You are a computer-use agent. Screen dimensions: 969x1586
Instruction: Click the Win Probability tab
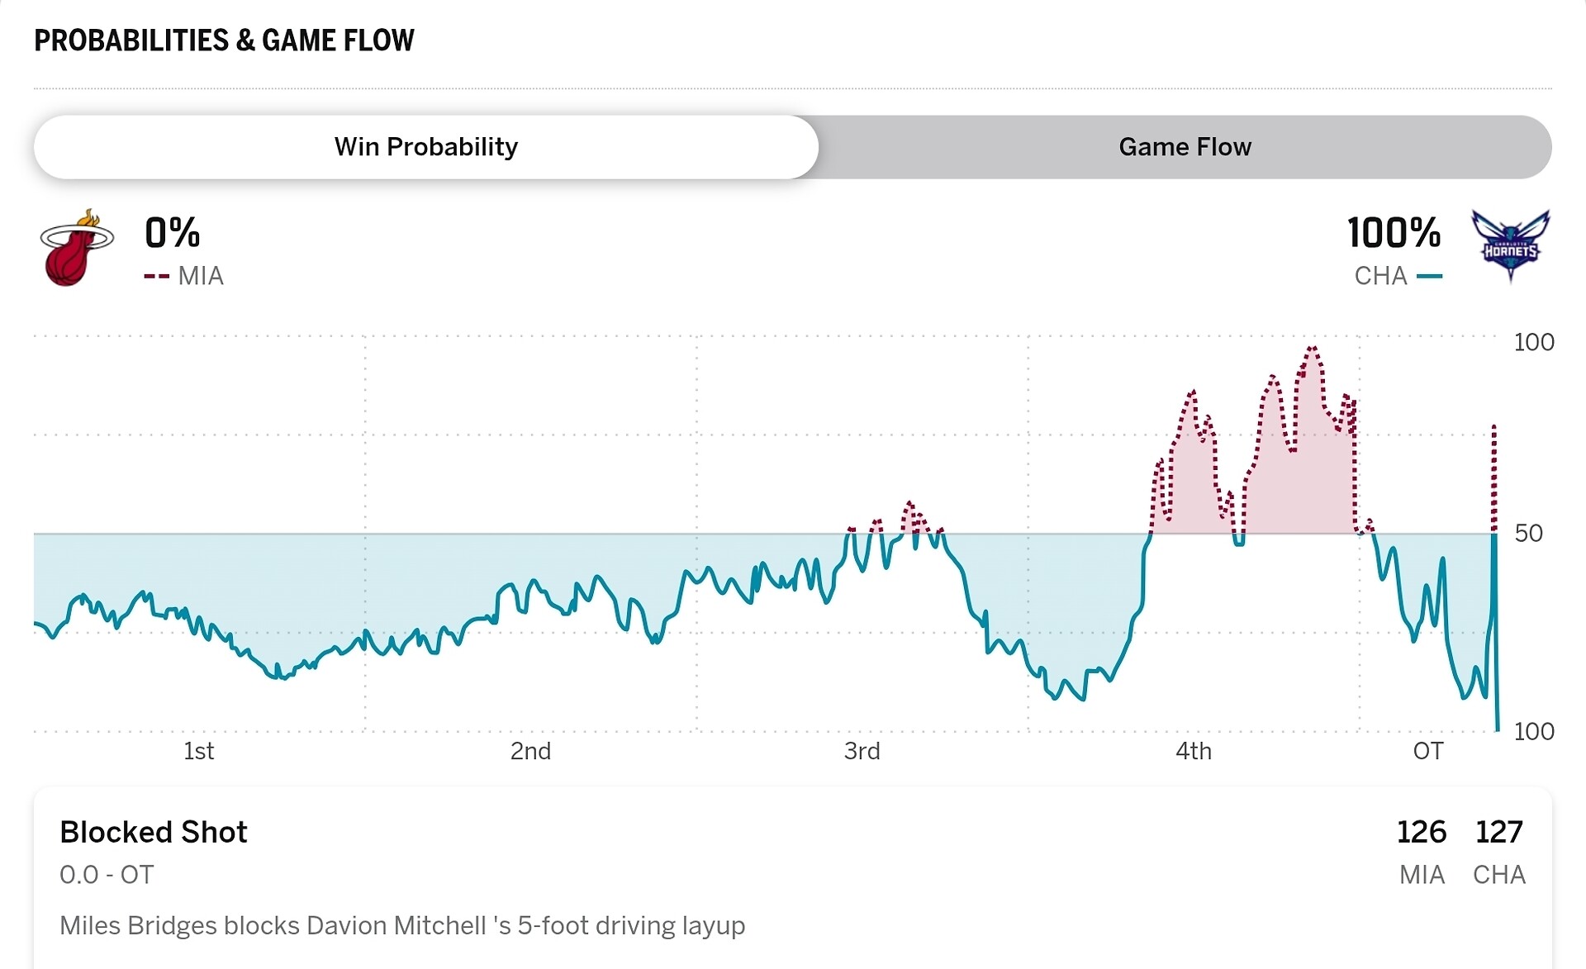tap(425, 147)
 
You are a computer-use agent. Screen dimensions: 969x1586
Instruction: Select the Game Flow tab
tap(1185, 147)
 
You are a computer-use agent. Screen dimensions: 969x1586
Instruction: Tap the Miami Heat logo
tap(76, 248)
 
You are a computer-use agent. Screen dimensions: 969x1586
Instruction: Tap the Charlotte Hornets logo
tap(1510, 245)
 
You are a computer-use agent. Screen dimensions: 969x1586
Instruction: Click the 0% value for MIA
tap(172, 233)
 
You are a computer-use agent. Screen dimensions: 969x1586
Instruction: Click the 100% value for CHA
tap(1394, 233)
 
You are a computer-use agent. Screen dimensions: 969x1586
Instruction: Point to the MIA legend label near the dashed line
tap(201, 276)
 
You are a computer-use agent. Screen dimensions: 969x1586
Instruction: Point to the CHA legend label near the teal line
tap(1380, 276)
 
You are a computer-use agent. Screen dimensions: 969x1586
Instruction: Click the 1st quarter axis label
tap(198, 751)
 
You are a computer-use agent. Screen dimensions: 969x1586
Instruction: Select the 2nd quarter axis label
tap(530, 751)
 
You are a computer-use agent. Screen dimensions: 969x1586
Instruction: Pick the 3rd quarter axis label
tap(862, 751)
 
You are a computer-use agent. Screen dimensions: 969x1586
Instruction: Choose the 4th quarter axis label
tap(1193, 751)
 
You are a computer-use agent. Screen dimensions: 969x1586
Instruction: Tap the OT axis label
tap(1428, 751)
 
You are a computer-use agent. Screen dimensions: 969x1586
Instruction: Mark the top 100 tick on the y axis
tap(1533, 342)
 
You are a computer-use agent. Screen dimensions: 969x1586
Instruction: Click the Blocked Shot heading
tap(154, 832)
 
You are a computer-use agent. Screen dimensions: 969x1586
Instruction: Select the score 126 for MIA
tap(1421, 832)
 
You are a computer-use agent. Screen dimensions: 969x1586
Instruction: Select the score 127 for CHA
tap(1498, 832)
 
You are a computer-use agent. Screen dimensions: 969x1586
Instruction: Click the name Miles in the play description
tap(90, 925)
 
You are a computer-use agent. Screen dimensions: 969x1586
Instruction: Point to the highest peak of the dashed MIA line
tap(1312, 348)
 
